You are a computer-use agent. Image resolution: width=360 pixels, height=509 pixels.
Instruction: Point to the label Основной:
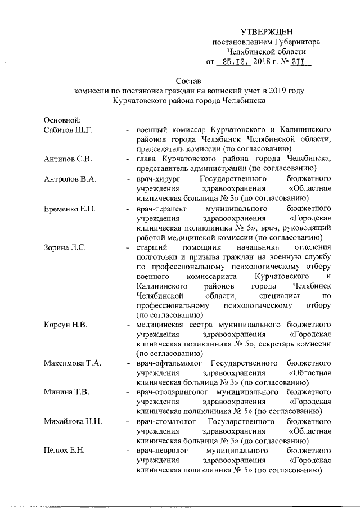click(x=63, y=120)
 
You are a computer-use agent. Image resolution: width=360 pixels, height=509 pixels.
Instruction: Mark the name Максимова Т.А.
click(x=73, y=363)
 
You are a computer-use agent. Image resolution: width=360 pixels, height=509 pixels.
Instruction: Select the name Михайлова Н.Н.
click(x=73, y=422)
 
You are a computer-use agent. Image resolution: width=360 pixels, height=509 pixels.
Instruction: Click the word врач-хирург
click(x=157, y=179)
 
